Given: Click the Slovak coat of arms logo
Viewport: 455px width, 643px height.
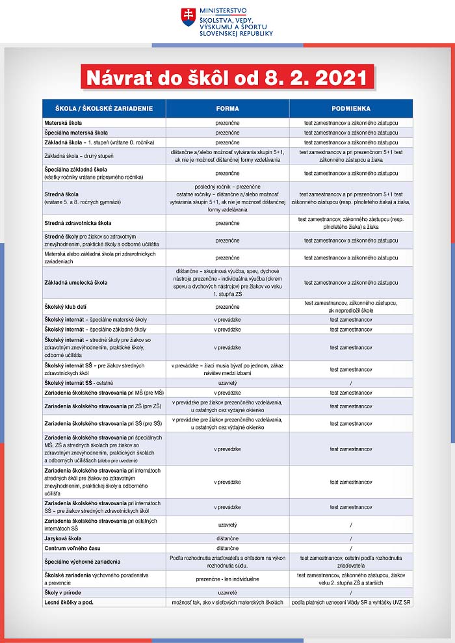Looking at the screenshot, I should click(188, 18).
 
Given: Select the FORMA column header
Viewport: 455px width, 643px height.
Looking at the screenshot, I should click(227, 109).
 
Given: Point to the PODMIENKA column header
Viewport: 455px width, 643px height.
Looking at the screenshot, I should click(351, 109).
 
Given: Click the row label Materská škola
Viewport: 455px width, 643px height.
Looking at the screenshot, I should click(63, 122).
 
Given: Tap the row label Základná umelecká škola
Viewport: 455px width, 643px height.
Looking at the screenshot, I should click(75, 283).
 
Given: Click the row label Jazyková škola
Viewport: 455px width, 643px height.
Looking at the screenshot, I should click(62, 538).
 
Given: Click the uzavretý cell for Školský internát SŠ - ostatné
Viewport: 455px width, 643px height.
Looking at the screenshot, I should click(227, 383).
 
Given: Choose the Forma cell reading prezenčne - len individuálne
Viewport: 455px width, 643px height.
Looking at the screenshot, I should click(227, 579).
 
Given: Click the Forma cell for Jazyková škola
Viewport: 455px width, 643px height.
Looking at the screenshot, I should click(227, 538).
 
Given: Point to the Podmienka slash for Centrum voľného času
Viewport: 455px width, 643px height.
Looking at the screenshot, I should click(351, 548).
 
